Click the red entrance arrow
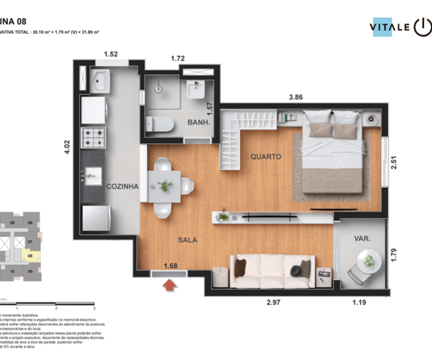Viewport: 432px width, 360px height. [169, 287]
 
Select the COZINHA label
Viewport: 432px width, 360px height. [122, 186]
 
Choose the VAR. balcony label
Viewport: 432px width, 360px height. [362, 238]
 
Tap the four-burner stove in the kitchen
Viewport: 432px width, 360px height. [94, 135]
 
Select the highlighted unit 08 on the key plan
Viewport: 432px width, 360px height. [30, 254]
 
